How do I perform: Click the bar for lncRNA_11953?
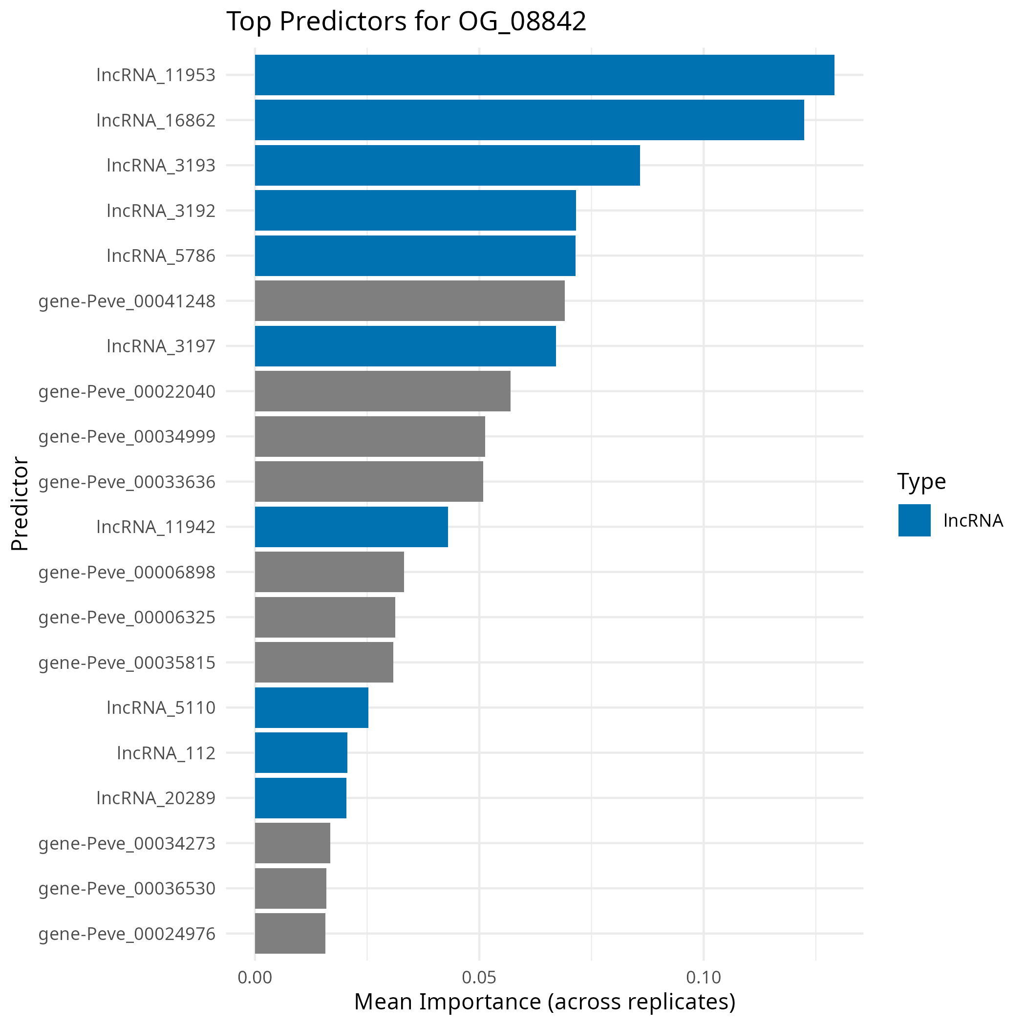544,75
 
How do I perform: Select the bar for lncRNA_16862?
529,120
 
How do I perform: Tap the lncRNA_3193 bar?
447,165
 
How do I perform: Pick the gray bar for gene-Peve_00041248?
409,300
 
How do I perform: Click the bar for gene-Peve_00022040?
383,391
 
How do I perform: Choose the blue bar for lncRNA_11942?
351,527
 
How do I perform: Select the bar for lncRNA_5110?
311,707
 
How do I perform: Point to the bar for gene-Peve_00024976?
290,933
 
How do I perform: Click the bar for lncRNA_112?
300,752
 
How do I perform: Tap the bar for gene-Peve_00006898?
329,572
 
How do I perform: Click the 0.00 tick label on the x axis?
255,978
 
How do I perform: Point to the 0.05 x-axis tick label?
479,978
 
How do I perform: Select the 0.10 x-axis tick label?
704,978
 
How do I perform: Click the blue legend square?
915,520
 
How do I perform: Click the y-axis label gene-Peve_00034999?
127,436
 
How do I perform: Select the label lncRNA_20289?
156,798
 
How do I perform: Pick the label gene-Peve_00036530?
127,888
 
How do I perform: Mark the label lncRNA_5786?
161,256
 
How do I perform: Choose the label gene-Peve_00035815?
127,662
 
